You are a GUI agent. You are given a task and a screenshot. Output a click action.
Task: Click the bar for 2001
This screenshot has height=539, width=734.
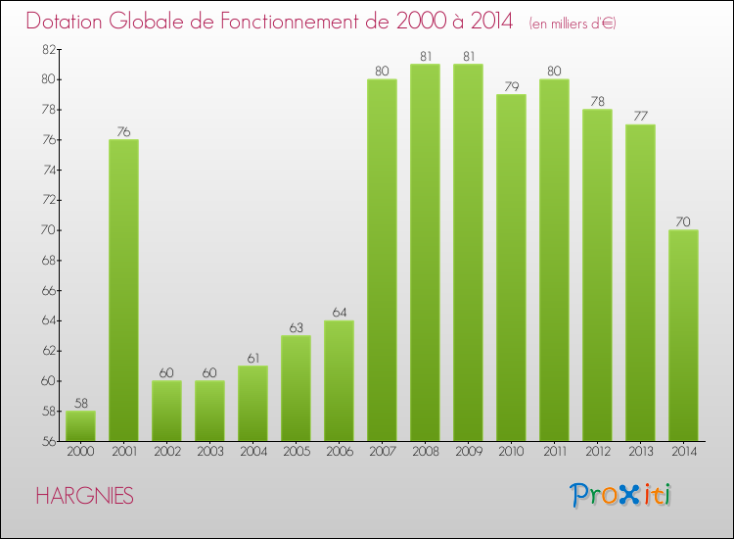click(123, 290)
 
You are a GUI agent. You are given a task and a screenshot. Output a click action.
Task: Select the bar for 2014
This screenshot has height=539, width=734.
click(683, 335)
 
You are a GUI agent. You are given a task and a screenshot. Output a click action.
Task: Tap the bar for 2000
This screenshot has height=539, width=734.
click(80, 425)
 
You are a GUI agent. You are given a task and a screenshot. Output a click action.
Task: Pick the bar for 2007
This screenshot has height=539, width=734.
click(382, 260)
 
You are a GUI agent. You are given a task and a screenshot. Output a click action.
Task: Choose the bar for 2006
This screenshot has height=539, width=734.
click(339, 380)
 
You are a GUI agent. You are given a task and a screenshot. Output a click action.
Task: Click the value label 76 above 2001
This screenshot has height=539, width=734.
click(123, 130)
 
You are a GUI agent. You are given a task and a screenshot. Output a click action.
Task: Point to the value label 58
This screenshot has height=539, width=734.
click(80, 403)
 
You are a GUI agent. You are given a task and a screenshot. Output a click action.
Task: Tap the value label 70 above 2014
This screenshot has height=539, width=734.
click(683, 221)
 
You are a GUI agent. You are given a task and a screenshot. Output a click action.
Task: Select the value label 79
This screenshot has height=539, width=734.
click(511, 85)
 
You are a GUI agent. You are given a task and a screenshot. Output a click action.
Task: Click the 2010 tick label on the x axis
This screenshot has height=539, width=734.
click(511, 452)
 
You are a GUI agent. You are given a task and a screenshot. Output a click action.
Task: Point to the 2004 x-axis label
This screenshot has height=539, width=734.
click(252, 452)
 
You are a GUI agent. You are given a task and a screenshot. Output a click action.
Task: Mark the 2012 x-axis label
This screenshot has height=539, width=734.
click(597, 452)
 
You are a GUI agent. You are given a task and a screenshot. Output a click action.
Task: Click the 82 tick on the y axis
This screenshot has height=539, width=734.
click(46, 49)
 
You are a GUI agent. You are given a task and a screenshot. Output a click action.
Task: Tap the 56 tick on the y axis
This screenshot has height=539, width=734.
click(46, 441)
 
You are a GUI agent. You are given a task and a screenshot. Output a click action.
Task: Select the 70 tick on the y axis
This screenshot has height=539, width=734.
click(46, 230)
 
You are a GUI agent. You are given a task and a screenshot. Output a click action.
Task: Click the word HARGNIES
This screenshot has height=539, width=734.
click(85, 497)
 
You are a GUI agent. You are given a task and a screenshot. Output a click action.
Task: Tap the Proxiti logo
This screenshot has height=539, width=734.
click(620, 495)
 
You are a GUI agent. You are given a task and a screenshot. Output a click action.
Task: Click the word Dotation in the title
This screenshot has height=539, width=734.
click(67, 21)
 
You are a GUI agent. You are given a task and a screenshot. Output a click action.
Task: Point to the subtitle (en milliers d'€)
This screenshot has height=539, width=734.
click(573, 23)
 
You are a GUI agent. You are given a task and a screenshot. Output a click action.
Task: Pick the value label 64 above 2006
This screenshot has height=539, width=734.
click(339, 312)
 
